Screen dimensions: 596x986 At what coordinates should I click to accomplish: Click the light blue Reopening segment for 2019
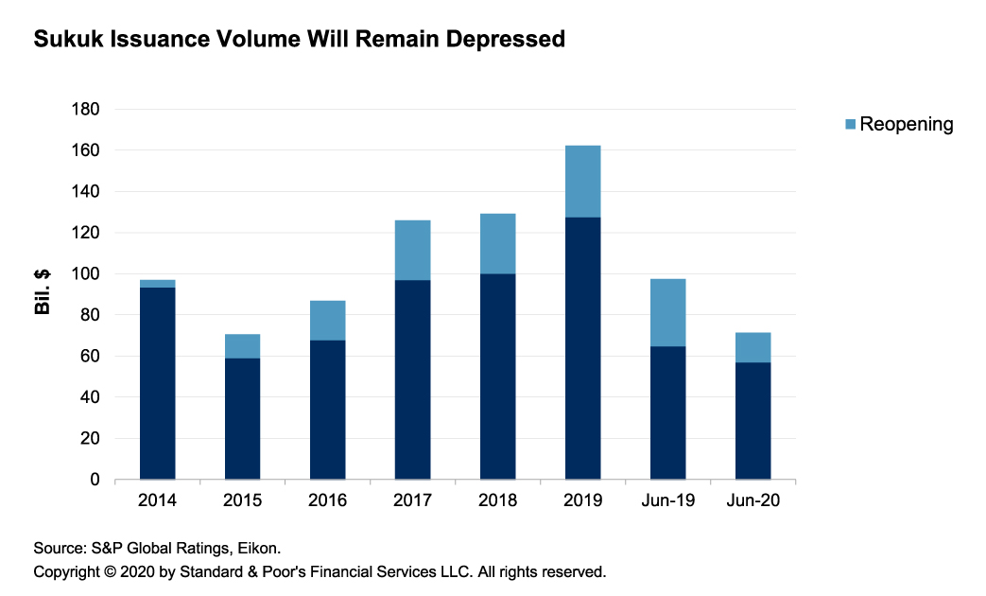tap(582, 182)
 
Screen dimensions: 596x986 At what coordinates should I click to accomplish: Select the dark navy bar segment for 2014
tap(157, 383)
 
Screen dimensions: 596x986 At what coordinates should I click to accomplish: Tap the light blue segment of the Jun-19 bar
tap(667, 313)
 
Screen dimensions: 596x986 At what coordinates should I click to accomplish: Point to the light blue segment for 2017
tap(412, 250)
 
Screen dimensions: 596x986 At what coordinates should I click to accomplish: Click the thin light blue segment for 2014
tap(157, 284)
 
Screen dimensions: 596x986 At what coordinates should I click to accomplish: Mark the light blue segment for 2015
tap(242, 346)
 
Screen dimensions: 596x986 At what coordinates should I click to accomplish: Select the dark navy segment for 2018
tap(497, 377)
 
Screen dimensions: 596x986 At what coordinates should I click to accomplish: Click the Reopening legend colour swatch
tap(849, 124)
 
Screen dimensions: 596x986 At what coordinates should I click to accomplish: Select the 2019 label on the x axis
tap(582, 500)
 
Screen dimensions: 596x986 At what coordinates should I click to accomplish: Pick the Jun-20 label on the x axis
tap(752, 500)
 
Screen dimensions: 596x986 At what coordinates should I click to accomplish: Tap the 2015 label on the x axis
tap(242, 500)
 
